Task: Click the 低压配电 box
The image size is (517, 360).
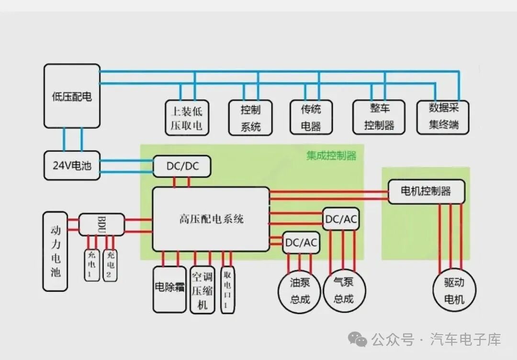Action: click(72, 96)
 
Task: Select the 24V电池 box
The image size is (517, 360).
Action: click(72, 166)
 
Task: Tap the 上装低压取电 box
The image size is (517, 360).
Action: click(187, 118)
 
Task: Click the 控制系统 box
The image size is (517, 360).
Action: click(250, 118)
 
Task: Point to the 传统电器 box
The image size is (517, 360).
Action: click(311, 117)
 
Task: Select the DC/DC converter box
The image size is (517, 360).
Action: click(182, 166)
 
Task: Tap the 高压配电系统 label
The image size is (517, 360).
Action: click(212, 219)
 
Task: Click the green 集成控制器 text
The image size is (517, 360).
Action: click(331, 155)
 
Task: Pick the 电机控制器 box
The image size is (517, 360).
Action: click(427, 191)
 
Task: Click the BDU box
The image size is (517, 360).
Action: click(101, 225)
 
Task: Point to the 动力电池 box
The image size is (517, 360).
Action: click(56, 251)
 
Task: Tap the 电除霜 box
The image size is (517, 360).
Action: click(169, 290)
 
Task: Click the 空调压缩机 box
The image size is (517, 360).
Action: click(202, 290)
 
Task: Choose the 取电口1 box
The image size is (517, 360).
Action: click(227, 290)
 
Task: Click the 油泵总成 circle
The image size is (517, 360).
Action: click(299, 291)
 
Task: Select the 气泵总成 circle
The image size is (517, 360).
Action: click(344, 290)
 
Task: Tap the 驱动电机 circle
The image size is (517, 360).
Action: click(454, 290)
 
